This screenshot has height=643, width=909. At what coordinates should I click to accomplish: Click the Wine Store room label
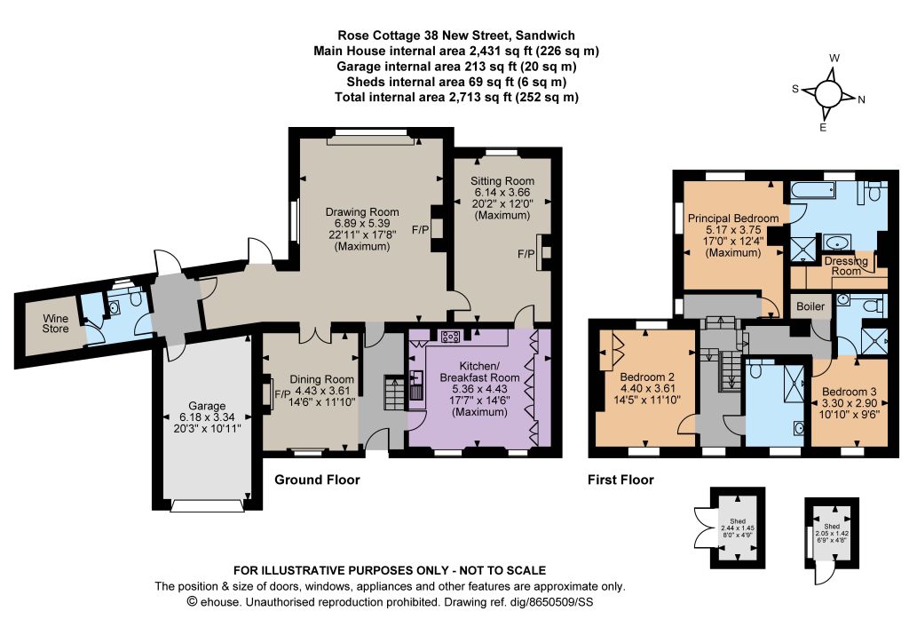(55, 323)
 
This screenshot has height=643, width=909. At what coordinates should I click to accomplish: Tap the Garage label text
(207, 406)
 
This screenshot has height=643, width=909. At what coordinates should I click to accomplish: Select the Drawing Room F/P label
(420, 230)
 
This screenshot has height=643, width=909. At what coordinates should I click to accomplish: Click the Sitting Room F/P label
(526, 254)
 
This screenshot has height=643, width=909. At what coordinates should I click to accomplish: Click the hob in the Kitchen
(450, 337)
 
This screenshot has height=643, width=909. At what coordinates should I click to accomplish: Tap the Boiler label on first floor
(810, 306)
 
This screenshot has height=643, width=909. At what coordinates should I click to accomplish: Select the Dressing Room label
(846, 266)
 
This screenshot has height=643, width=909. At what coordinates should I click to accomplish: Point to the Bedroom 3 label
(850, 392)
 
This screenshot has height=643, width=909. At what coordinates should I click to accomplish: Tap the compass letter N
(861, 99)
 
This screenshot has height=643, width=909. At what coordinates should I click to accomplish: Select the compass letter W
(834, 58)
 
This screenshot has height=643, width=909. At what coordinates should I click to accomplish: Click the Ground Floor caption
(317, 480)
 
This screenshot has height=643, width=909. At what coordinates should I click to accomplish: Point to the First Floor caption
(620, 480)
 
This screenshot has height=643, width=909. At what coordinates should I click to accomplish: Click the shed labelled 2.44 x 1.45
(738, 528)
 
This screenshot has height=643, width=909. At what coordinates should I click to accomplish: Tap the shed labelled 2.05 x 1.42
(831, 533)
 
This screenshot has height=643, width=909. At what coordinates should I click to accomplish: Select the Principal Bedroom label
(733, 218)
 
